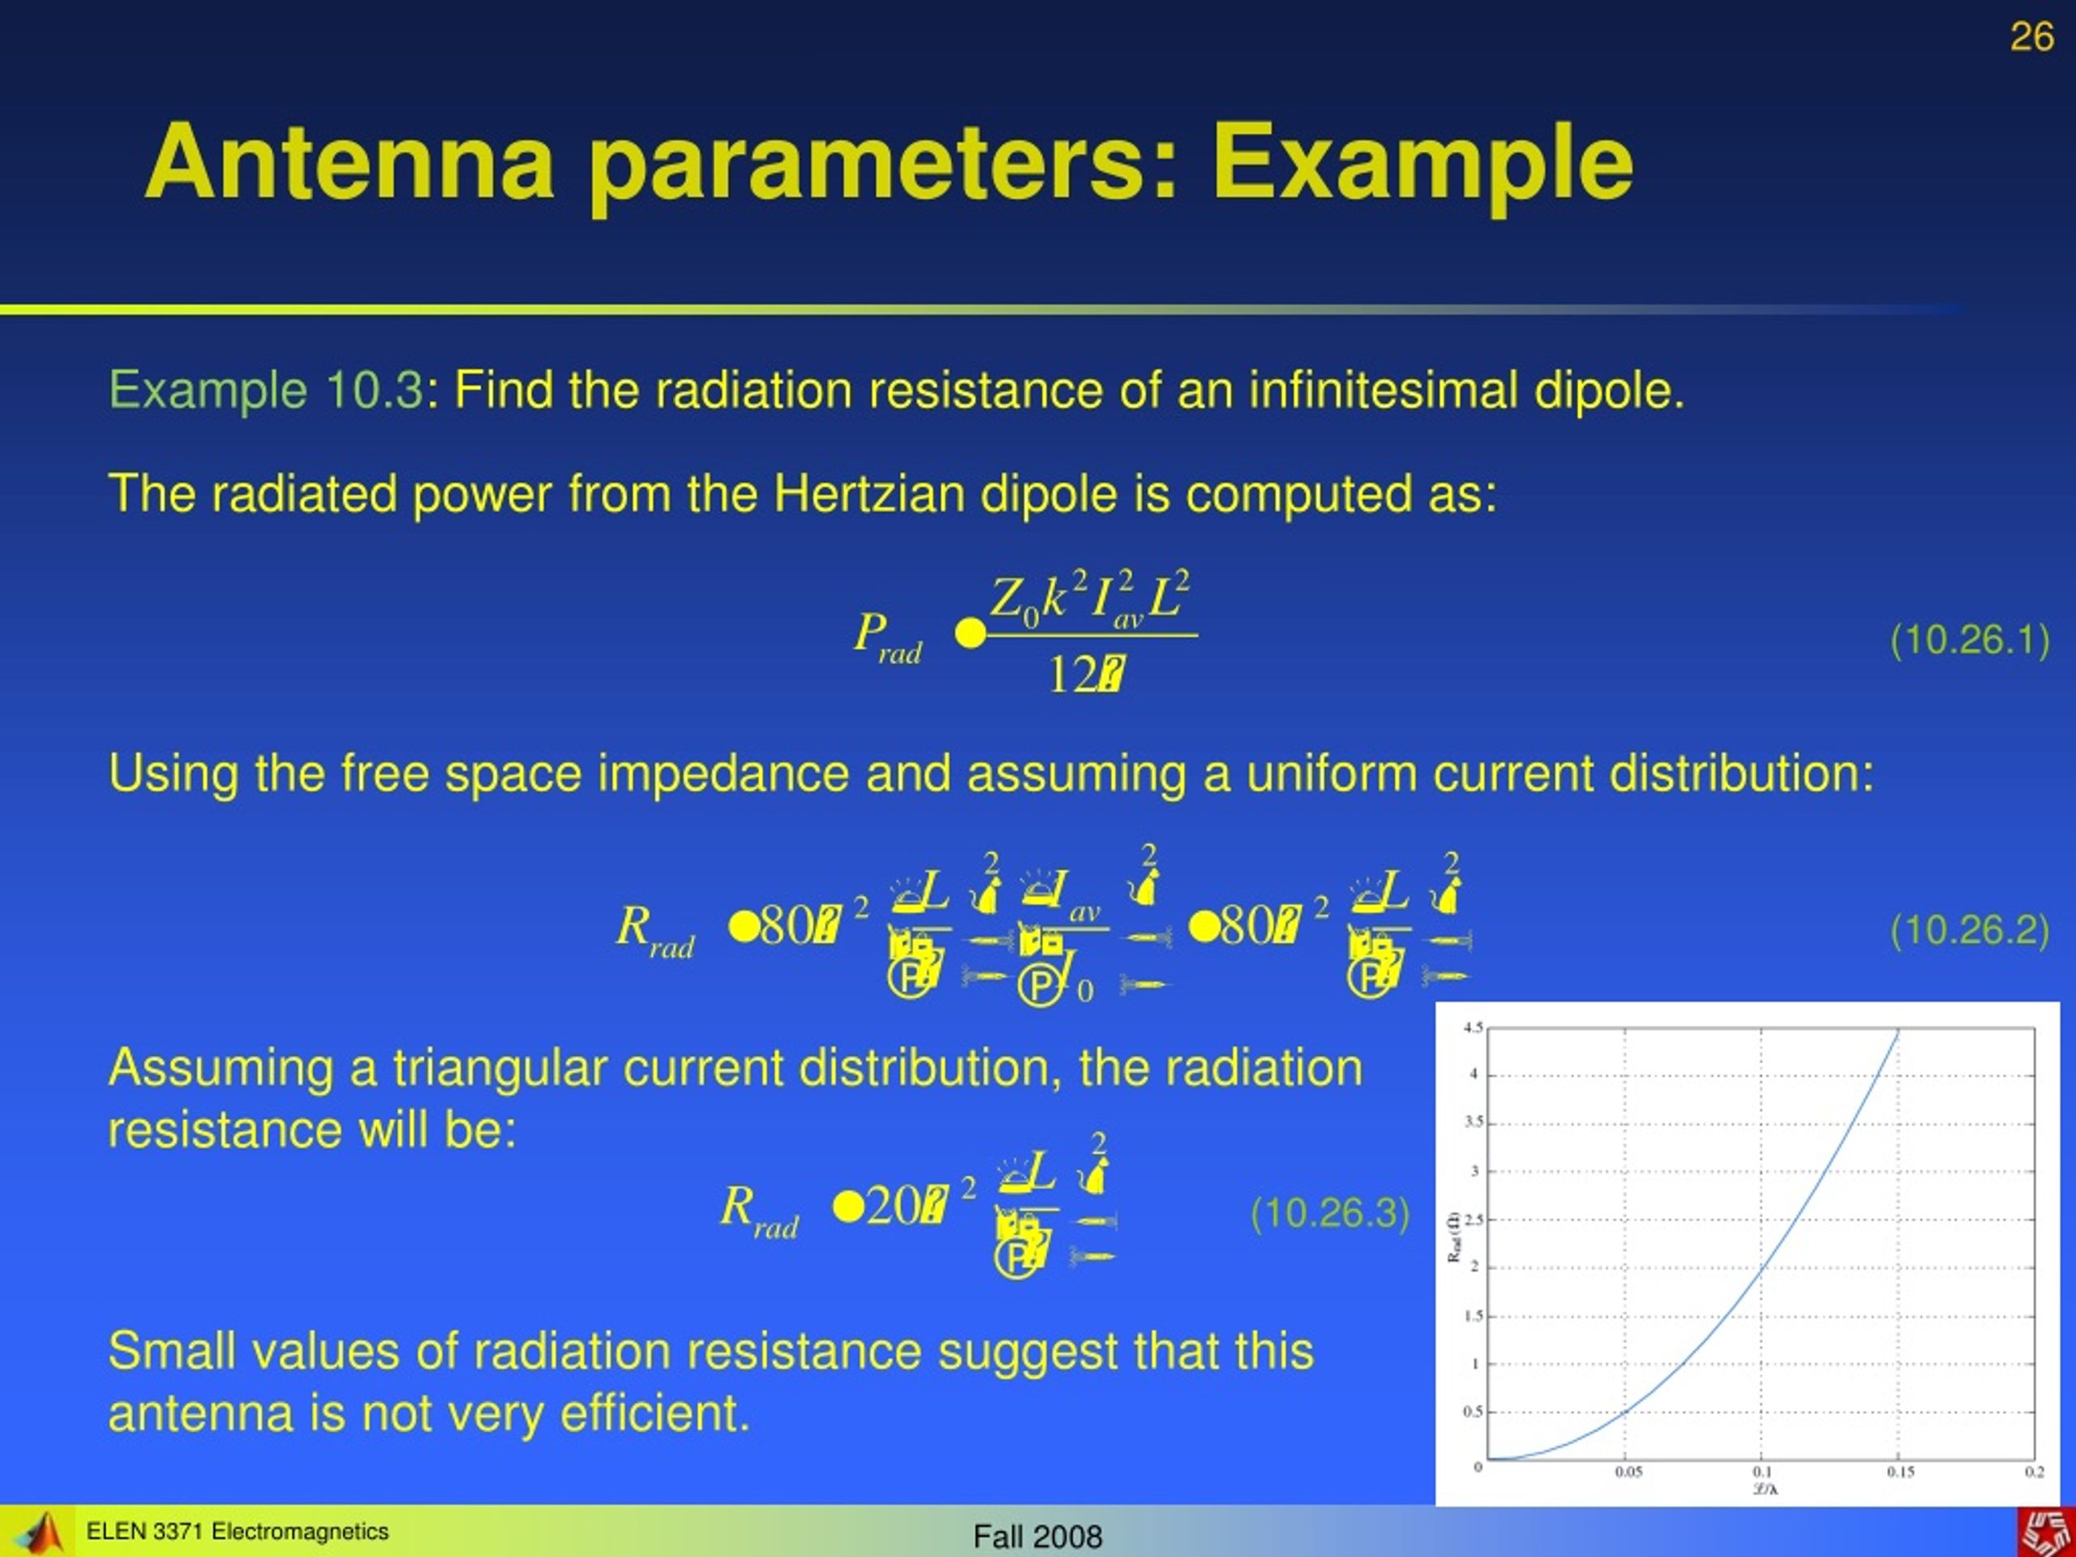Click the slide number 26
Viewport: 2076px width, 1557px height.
pyautogui.click(x=2031, y=37)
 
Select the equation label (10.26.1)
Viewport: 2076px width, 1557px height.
pyautogui.click(x=1969, y=640)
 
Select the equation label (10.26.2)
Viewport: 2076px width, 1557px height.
pyautogui.click(x=1969, y=930)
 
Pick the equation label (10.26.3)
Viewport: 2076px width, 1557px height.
pyautogui.click(x=1330, y=1213)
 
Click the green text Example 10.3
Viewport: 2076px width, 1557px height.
pyautogui.click(x=267, y=389)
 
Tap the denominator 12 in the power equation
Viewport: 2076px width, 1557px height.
pyautogui.click(x=1072, y=674)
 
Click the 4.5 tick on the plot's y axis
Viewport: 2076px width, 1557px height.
pyautogui.click(x=1473, y=1027)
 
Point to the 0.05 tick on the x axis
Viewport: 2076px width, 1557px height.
pyautogui.click(x=1628, y=1472)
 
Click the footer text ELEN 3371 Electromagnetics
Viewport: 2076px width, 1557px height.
pyautogui.click(x=237, y=1532)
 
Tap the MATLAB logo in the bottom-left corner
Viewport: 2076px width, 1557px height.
pyautogui.click(x=37, y=1532)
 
